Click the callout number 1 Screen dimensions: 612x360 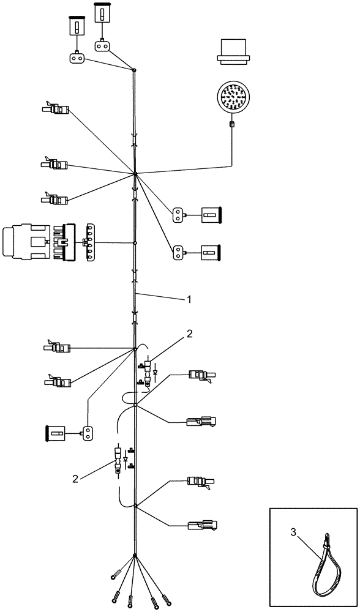[x=190, y=299]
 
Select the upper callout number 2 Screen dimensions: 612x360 [x=190, y=334]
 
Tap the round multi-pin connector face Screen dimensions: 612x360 [x=233, y=98]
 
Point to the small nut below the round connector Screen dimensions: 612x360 [x=233, y=125]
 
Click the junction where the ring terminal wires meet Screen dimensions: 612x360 [x=135, y=556]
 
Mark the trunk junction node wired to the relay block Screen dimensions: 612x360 [x=135, y=243]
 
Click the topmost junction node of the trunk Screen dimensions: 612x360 [x=135, y=70]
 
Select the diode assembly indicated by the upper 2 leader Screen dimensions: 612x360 [x=147, y=371]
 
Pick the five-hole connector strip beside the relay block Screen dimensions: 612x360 [x=92, y=243]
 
